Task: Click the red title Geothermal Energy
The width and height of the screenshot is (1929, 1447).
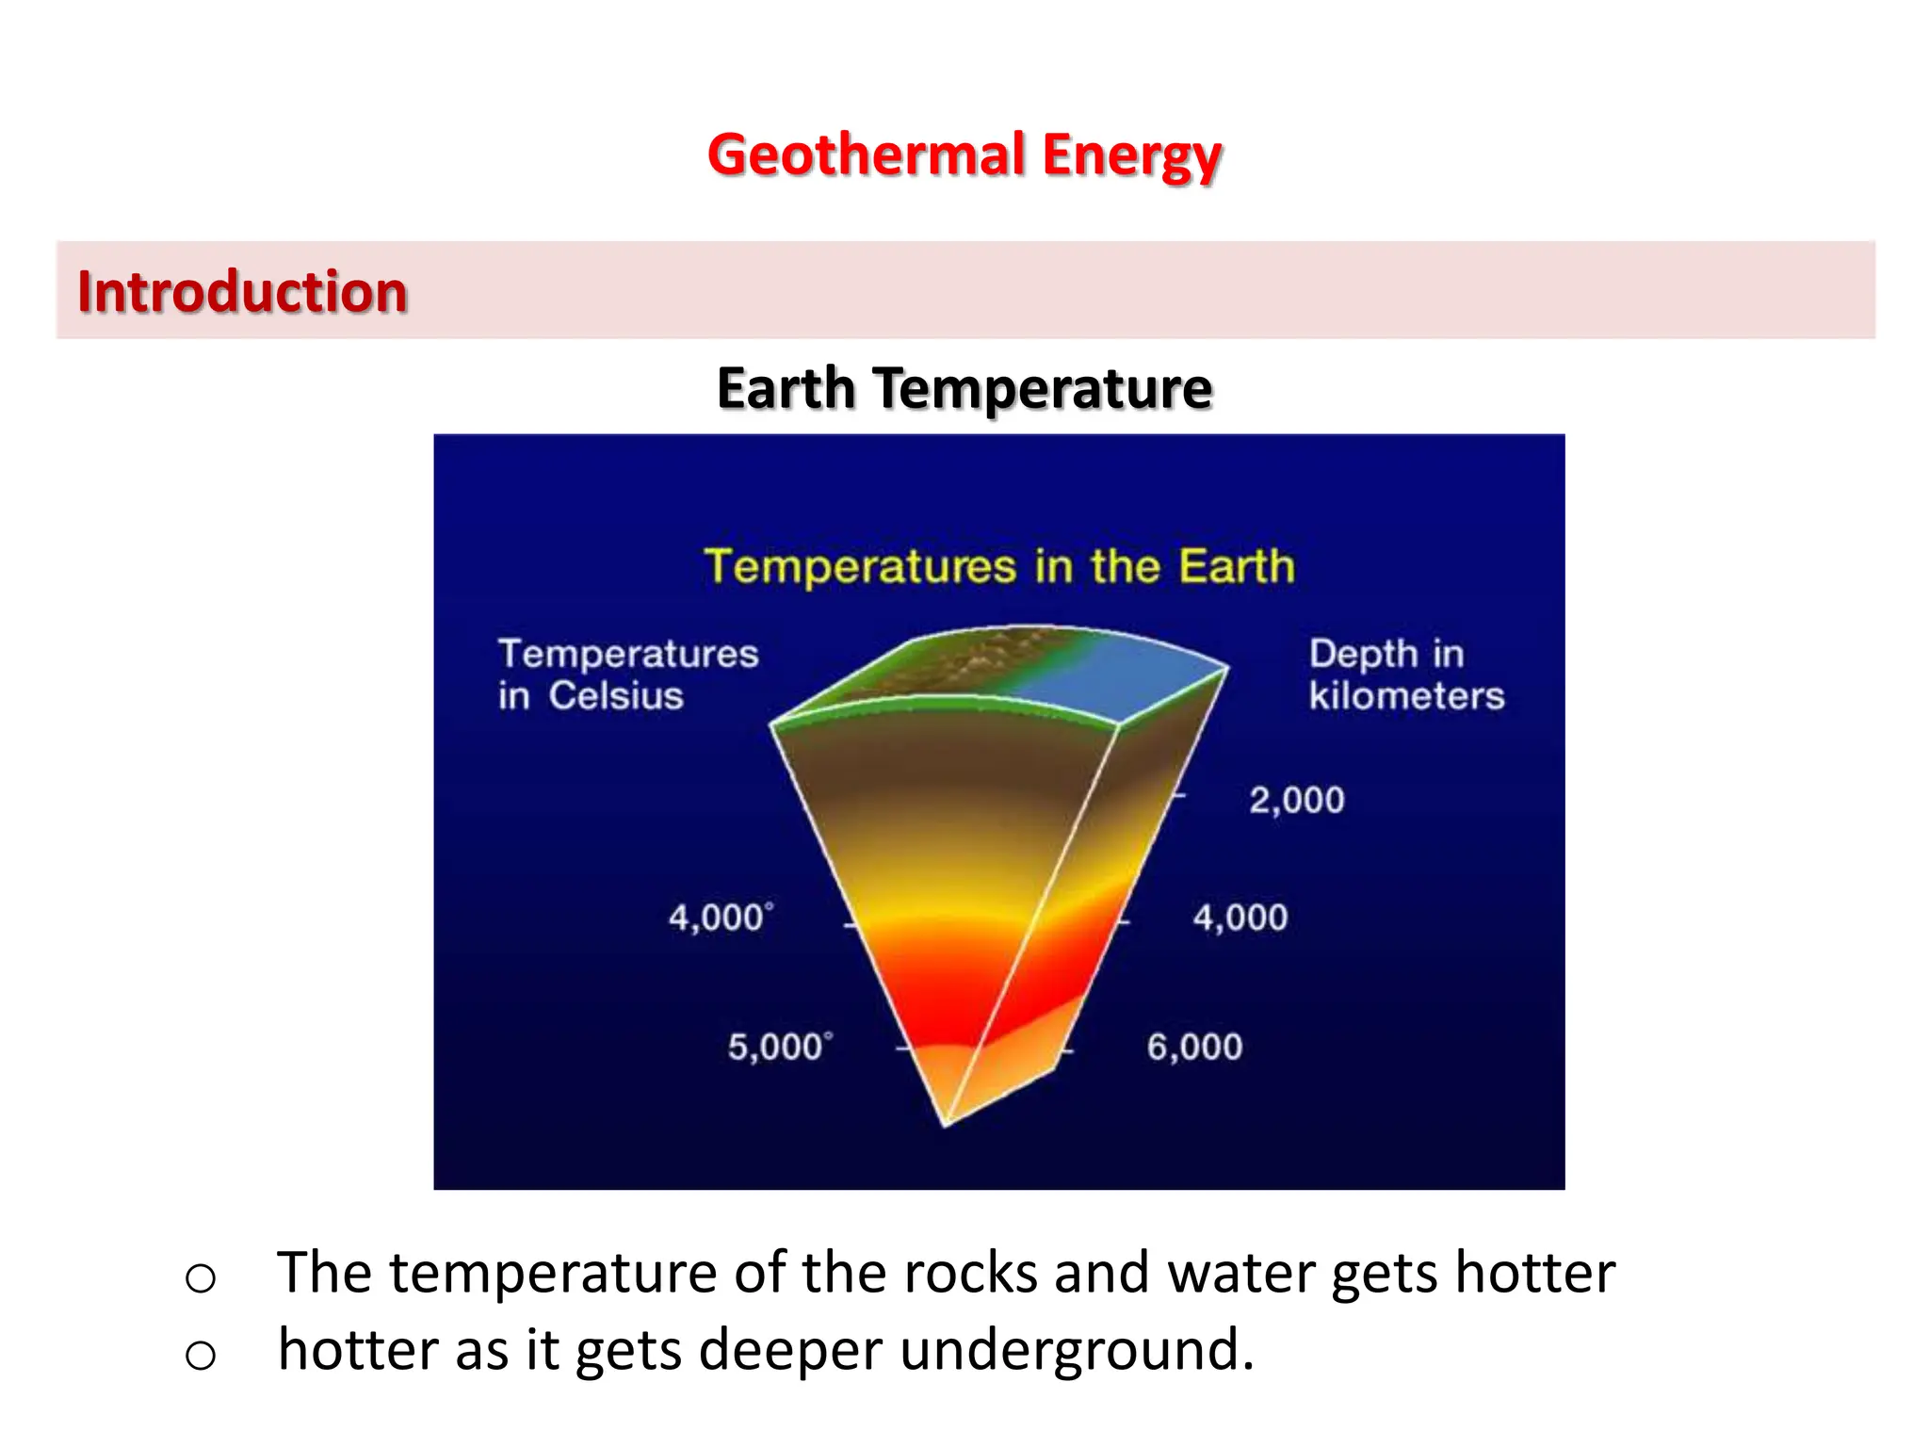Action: point(964,155)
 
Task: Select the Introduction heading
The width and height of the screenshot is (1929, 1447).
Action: point(242,291)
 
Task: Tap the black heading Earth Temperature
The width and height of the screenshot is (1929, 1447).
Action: point(964,388)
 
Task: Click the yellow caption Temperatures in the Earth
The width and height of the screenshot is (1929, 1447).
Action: point(999,567)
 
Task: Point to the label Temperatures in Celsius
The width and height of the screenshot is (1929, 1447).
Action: point(627,675)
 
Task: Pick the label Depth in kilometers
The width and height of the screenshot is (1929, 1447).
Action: point(1405,675)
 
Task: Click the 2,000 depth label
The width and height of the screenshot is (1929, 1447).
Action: point(1296,800)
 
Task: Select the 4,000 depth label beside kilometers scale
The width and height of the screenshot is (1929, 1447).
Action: point(1240,918)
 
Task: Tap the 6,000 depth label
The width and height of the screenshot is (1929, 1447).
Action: point(1194,1047)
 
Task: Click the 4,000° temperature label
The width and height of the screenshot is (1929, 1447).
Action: point(721,918)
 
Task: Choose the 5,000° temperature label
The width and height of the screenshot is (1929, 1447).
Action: point(780,1047)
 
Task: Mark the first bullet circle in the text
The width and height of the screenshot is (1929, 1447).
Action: point(201,1278)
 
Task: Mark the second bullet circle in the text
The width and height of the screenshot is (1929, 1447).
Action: point(201,1356)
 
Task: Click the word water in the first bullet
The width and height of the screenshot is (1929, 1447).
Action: point(1240,1274)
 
